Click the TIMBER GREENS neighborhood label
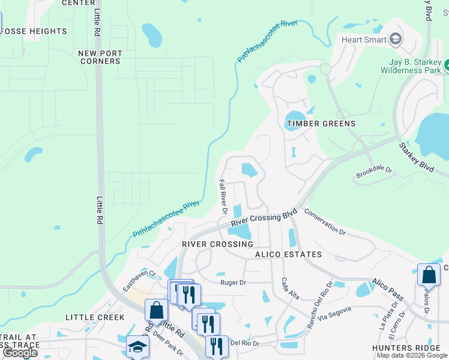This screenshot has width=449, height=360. coord(321,124)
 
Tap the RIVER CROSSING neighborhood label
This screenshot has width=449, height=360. coord(217,244)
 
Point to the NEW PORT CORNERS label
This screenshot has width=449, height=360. coord(100,57)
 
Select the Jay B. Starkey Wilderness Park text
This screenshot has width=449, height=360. coord(411,66)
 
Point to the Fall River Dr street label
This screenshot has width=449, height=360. coord(222,197)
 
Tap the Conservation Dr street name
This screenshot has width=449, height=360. coord(325,222)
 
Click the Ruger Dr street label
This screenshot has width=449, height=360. coord(234,282)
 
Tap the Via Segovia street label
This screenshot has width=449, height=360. coord(333,316)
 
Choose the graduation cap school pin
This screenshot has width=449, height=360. coord(137,347)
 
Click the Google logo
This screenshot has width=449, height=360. coord(20,353)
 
